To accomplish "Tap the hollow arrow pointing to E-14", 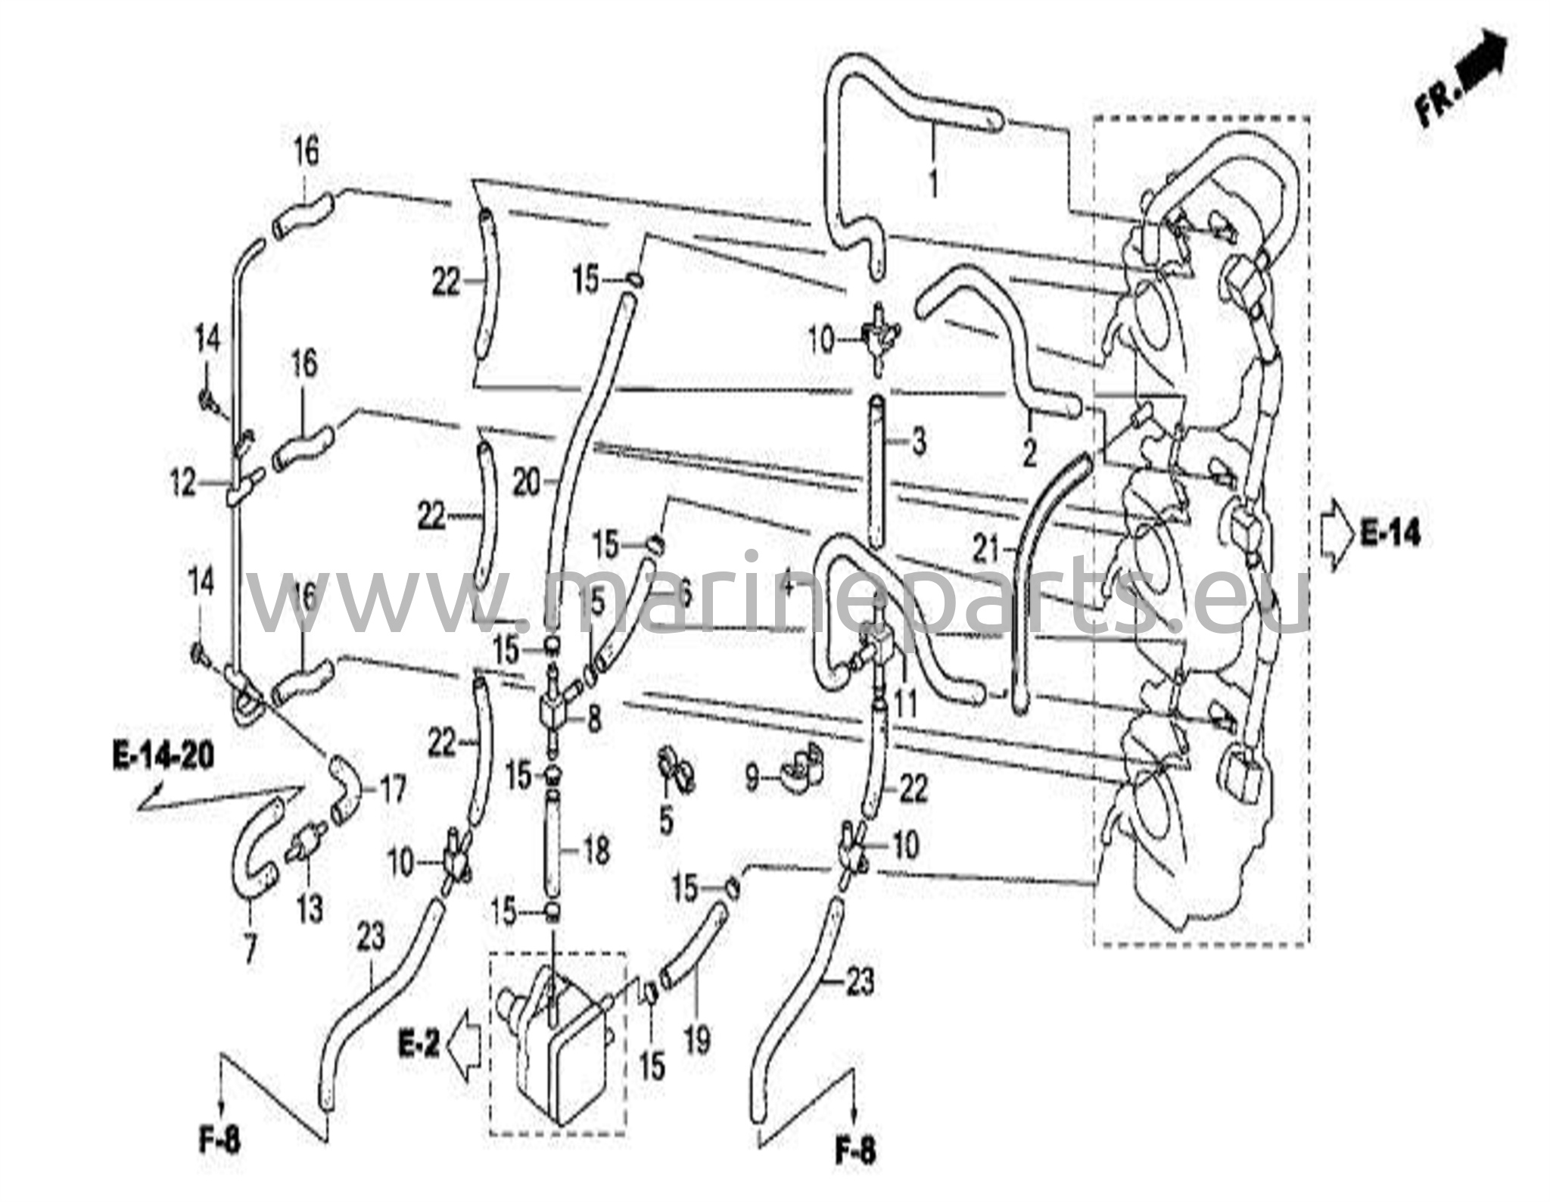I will (1337, 534).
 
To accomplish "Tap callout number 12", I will (182, 483).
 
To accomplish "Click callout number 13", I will (310, 909).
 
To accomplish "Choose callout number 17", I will (391, 789).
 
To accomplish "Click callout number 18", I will (596, 851).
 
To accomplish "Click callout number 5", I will (666, 821).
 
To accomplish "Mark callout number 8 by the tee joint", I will (594, 719).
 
